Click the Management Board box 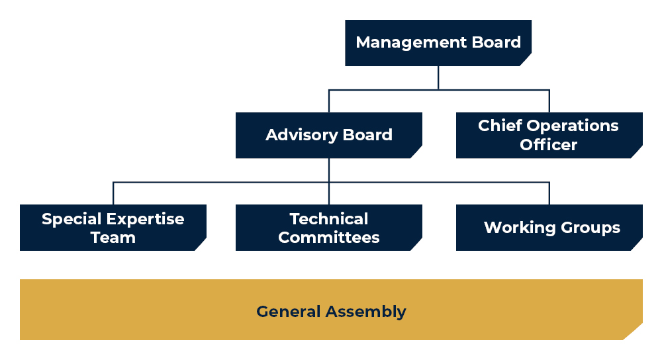pos(438,42)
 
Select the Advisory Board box pos(329,135)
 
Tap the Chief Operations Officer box pos(549,135)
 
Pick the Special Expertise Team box pos(113,228)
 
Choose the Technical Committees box pos(329,228)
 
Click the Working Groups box pos(549,228)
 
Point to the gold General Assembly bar pos(331,309)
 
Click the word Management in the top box pos(411,42)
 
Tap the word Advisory pos(301,136)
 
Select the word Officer pos(548,145)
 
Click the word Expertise pos(145,220)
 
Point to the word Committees pos(329,238)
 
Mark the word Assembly pos(365,312)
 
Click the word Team pos(113,238)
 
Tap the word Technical pos(329,219)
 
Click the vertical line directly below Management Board pos(438,77)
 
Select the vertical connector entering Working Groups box pos(549,193)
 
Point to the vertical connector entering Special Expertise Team pos(113,193)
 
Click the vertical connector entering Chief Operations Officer pos(549,101)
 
